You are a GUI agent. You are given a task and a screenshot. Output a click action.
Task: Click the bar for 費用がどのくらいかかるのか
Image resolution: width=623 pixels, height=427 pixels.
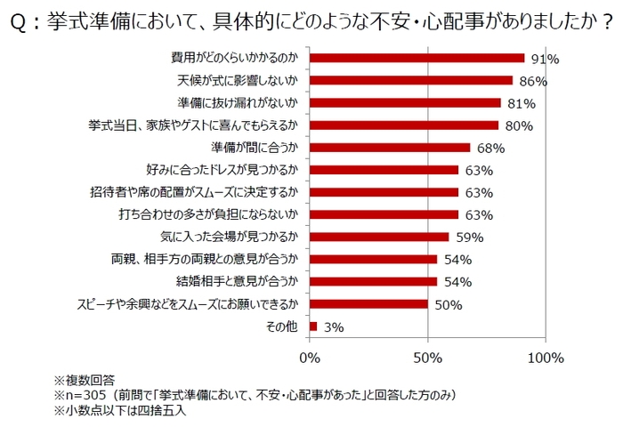417,58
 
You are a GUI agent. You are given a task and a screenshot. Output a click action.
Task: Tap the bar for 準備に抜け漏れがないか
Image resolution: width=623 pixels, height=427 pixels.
405,103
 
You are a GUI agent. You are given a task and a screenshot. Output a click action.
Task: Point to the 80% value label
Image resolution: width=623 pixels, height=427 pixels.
520,126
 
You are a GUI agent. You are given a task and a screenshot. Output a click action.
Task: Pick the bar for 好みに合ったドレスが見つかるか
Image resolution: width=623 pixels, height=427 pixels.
384,170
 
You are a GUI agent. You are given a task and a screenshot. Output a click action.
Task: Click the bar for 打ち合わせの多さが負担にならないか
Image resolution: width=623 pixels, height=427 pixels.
384,214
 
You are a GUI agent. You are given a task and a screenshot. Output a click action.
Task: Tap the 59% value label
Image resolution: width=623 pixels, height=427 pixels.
469,238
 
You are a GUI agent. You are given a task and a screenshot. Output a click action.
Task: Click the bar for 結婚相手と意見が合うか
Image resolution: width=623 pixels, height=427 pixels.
373,282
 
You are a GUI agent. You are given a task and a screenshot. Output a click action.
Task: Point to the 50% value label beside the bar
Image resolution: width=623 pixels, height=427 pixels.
448,305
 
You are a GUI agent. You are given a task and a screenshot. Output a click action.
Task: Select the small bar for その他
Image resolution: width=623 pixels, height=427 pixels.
312,326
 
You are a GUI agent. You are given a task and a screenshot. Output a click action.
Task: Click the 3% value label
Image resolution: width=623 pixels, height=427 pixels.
333,327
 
